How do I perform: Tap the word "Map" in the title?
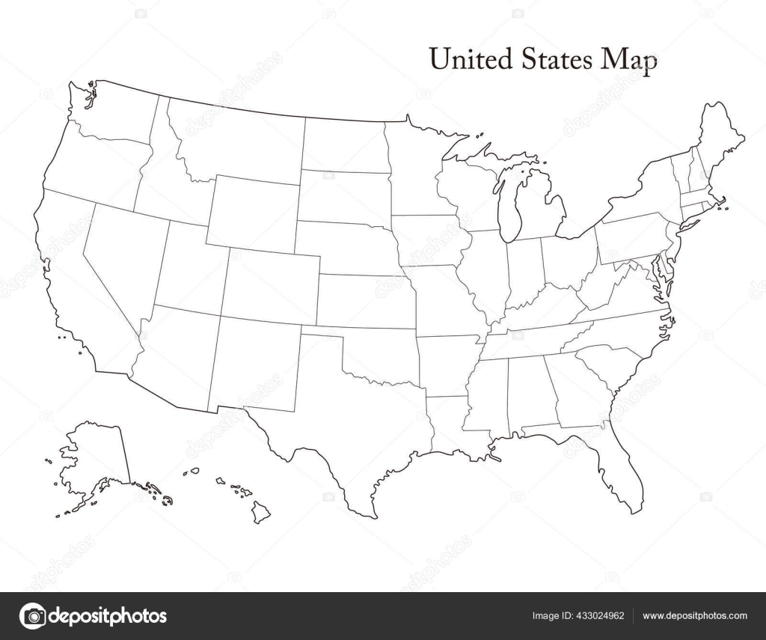point(631,60)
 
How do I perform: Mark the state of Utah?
point(191,266)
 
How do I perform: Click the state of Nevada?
point(123,258)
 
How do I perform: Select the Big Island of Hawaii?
point(260,513)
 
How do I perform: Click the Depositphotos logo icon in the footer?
point(32,616)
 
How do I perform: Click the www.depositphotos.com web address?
point(695,616)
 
